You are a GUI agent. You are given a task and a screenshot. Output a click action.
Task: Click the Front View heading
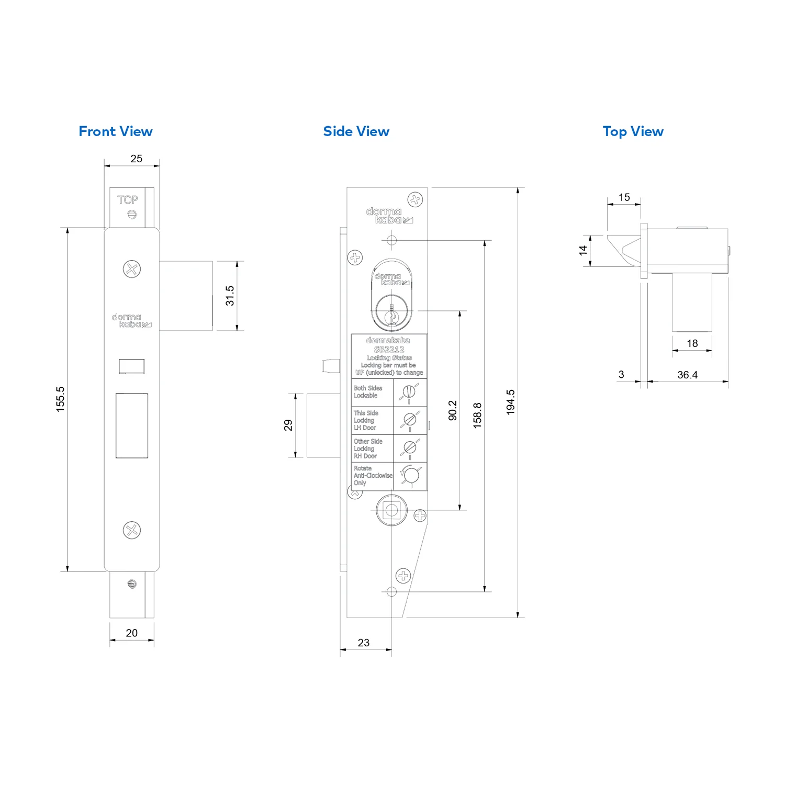pyautogui.click(x=116, y=131)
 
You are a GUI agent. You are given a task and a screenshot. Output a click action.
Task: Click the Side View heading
pyautogui.click(x=356, y=131)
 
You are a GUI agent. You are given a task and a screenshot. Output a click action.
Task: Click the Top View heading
pyautogui.click(x=633, y=132)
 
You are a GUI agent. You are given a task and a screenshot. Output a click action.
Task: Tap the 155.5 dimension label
pyautogui.click(x=61, y=399)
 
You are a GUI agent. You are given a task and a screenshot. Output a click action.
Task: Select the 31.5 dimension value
pyautogui.click(x=230, y=296)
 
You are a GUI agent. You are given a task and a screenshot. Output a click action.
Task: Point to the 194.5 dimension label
pyautogui.click(x=511, y=402)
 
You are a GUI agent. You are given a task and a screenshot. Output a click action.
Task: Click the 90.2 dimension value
pyautogui.click(x=453, y=410)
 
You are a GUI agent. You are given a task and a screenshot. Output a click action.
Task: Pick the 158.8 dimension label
pyautogui.click(x=477, y=416)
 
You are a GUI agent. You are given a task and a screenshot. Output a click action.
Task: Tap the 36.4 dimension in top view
pyautogui.click(x=687, y=375)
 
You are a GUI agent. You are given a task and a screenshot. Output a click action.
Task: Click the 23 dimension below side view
pyautogui.click(x=364, y=643)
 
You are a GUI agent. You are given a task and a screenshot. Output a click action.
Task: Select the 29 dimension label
pyautogui.click(x=288, y=425)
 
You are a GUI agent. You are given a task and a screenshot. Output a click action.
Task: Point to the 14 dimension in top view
pyautogui.click(x=583, y=251)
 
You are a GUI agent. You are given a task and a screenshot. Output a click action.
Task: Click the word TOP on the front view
pyautogui.click(x=128, y=200)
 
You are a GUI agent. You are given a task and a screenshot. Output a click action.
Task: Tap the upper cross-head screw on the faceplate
pyautogui.click(x=132, y=269)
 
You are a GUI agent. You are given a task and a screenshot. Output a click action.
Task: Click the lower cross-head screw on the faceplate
pyautogui.click(x=132, y=530)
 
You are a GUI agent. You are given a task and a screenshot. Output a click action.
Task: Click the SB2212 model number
pyautogui.click(x=389, y=350)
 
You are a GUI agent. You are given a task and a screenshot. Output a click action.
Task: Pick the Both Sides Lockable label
pyautogui.click(x=368, y=392)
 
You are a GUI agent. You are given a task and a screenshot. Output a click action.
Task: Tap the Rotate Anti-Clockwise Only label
pyautogui.click(x=373, y=476)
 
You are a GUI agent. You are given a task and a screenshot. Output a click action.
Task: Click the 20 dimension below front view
pyautogui.click(x=132, y=633)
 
